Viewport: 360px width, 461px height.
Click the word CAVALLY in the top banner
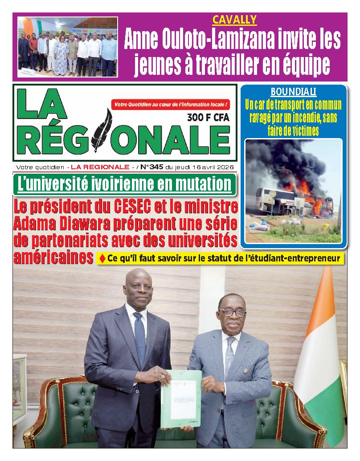228,19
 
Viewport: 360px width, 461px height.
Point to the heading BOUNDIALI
294,92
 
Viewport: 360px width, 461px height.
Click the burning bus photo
294,191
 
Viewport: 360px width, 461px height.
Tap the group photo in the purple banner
68,46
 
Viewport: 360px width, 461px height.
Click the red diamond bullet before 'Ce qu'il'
102,258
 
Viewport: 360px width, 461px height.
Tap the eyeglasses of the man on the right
232,313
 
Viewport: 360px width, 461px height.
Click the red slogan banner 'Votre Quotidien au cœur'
172,104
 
